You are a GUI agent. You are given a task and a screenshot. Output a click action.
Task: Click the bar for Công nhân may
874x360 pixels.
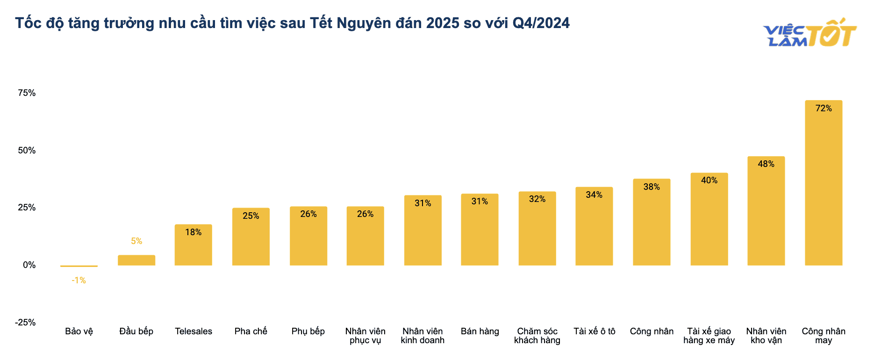click(824, 183)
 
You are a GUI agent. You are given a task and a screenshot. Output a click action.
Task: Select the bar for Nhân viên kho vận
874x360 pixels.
click(766, 211)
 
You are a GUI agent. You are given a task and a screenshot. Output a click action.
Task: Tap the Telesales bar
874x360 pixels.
click(193, 245)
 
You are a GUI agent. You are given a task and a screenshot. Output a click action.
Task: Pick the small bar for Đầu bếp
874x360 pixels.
click(136, 260)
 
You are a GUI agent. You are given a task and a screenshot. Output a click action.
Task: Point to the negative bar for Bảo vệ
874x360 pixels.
click(79, 266)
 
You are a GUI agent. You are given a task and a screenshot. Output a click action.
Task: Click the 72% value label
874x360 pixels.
click(824, 108)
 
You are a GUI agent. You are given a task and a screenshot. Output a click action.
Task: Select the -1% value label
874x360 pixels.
click(79, 281)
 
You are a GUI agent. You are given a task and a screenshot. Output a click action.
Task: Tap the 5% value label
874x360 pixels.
click(136, 241)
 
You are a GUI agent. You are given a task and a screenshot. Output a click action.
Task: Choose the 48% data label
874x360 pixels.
click(766, 164)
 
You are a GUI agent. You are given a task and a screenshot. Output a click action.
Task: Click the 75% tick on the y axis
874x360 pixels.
click(27, 93)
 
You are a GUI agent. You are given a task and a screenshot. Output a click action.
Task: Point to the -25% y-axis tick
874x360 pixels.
click(25, 323)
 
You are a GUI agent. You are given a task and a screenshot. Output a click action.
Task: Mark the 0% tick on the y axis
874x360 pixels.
click(29, 265)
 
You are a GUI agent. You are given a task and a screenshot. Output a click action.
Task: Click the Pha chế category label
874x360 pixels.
click(251, 331)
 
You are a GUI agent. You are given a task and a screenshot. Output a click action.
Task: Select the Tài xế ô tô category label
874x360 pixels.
click(595, 331)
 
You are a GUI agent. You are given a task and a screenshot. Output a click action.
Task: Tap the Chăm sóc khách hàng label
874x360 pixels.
click(537, 336)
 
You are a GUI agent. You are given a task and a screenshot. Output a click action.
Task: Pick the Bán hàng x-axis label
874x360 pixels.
click(480, 331)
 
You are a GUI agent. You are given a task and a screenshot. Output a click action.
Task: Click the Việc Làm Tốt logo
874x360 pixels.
click(810, 33)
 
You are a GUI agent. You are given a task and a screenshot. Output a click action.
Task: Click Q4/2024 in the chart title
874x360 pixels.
click(541, 23)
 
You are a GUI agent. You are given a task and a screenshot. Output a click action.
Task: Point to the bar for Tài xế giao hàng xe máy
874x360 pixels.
click(709, 219)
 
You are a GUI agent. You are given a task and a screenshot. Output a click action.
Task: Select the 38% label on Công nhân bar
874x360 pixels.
click(652, 187)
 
